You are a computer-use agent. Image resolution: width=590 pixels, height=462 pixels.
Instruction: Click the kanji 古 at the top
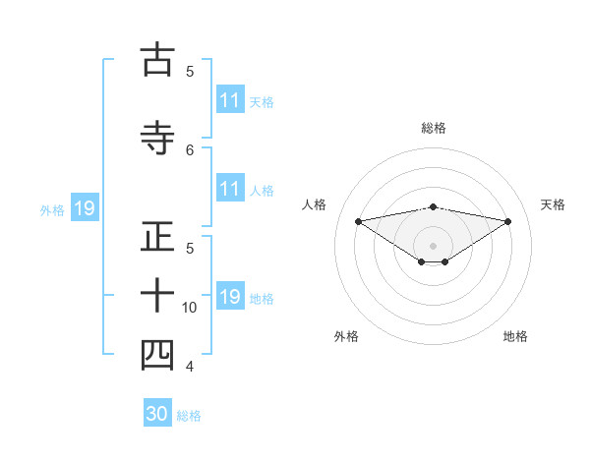click(x=158, y=61)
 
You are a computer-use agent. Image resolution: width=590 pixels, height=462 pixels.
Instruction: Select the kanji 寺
click(x=158, y=136)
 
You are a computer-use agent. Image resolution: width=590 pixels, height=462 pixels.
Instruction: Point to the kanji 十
click(x=158, y=295)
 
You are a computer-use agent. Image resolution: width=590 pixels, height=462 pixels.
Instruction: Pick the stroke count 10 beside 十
click(x=190, y=308)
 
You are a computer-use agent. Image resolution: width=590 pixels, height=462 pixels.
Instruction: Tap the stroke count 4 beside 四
click(x=190, y=367)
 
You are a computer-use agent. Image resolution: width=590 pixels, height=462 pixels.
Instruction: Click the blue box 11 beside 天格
click(x=230, y=100)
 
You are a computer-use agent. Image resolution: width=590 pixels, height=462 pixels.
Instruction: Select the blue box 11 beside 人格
click(x=230, y=189)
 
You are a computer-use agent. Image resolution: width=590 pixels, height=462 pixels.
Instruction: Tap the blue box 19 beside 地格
click(x=230, y=297)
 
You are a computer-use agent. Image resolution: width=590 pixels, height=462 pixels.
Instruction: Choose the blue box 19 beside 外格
click(x=84, y=208)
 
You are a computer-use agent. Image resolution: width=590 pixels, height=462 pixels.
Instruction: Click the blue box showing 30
click(x=157, y=414)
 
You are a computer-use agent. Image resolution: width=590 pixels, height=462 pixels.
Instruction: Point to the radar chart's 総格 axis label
click(x=434, y=128)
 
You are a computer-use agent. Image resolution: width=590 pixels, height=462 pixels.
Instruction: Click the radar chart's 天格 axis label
click(x=554, y=204)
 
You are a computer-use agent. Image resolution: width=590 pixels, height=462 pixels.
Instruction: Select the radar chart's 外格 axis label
click(x=346, y=336)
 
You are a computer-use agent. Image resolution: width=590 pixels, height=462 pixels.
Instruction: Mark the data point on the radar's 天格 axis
click(x=508, y=221)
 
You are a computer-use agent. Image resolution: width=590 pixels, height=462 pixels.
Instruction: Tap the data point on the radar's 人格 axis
click(x=358, y=220)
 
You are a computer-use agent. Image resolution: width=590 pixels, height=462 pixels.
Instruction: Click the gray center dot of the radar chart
click(x=433, y=245)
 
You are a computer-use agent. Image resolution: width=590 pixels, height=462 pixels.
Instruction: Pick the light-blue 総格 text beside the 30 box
click(x=189, y=416)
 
